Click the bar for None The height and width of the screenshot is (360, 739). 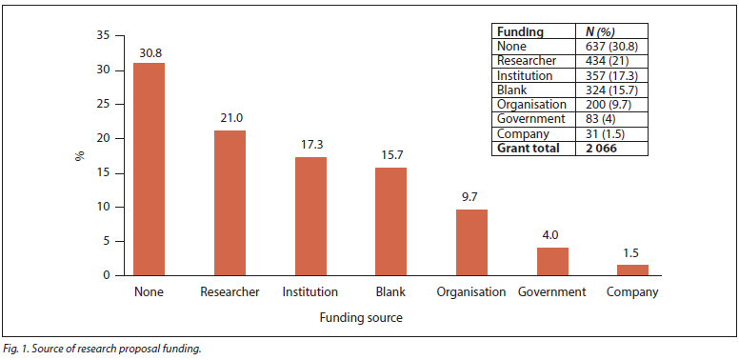(150, 170)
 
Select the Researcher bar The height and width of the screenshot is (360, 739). (230, 203)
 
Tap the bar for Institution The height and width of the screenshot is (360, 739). (310, 216)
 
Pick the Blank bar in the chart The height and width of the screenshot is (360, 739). (390, 222)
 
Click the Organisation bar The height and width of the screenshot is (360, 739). (471, 242)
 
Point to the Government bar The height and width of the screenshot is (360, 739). (553, 262)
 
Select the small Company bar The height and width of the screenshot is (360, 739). (633, 270)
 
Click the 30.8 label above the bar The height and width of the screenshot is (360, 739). (150, 52)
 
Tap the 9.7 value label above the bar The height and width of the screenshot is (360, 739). (471, 197)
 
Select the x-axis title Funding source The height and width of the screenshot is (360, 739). (361, 318)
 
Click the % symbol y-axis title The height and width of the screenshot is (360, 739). (80, 156)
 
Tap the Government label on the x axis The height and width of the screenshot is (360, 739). (552, 292)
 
